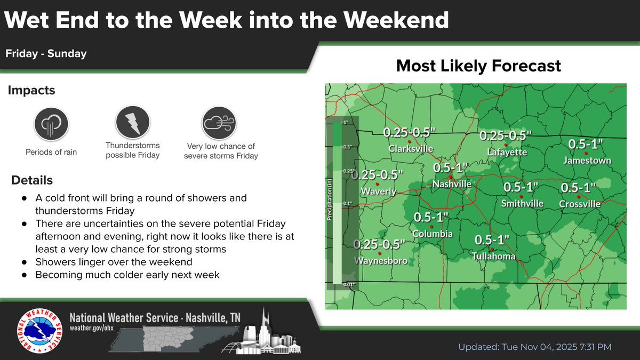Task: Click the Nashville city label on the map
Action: coord(452,184)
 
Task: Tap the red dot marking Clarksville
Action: coord(409,141)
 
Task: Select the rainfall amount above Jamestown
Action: coord(586,144)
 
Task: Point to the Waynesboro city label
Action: coord(381,261)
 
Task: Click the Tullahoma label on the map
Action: coord(494,257)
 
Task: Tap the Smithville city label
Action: coord(522,203)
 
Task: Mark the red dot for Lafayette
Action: coord(505,145)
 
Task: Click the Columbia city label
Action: coord(433,234)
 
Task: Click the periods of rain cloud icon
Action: coord(51,124)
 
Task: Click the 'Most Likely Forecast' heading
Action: coord(478,66)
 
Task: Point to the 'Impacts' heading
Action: coord(31,91)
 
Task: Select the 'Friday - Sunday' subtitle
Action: coord(46,54)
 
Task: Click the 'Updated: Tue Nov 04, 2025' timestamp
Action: coord(535,347)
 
